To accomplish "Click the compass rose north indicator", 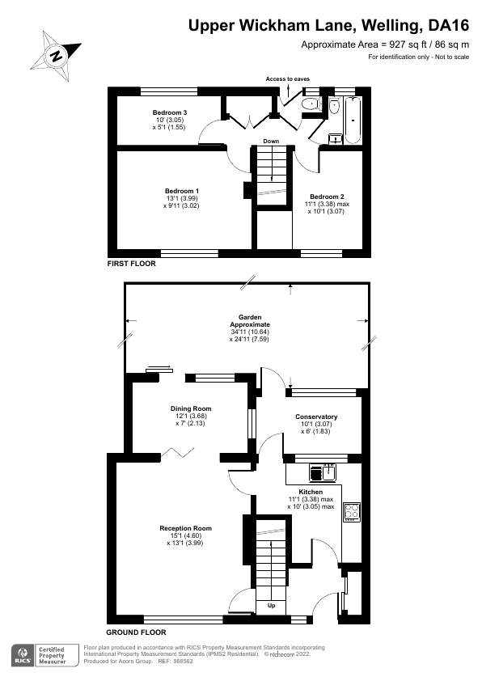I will tap(55, 56).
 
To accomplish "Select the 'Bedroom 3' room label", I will tap(169, 112).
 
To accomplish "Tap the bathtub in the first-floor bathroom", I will tap(353, 119).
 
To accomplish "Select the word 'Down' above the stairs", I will tap(271, 142).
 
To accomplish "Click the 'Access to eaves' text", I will tap(287, 79).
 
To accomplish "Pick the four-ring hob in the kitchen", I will tap(353, 510).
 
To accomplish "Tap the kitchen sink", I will tap(328, 472).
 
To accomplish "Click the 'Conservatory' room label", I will tap(316, 417).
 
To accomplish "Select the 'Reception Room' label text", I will tap(180, 528).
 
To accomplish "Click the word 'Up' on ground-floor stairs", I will tap(271, 606).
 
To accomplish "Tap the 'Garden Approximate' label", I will tap(248, 319).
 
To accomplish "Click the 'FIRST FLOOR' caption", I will tap(132, 264).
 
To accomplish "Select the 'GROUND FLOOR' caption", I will tap(137, 632).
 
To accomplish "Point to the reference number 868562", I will tap(181, 661).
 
